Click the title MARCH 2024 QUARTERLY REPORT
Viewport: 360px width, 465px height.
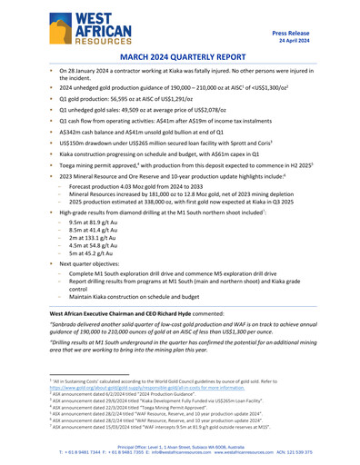pyautogui.click(x=180, y=56)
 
